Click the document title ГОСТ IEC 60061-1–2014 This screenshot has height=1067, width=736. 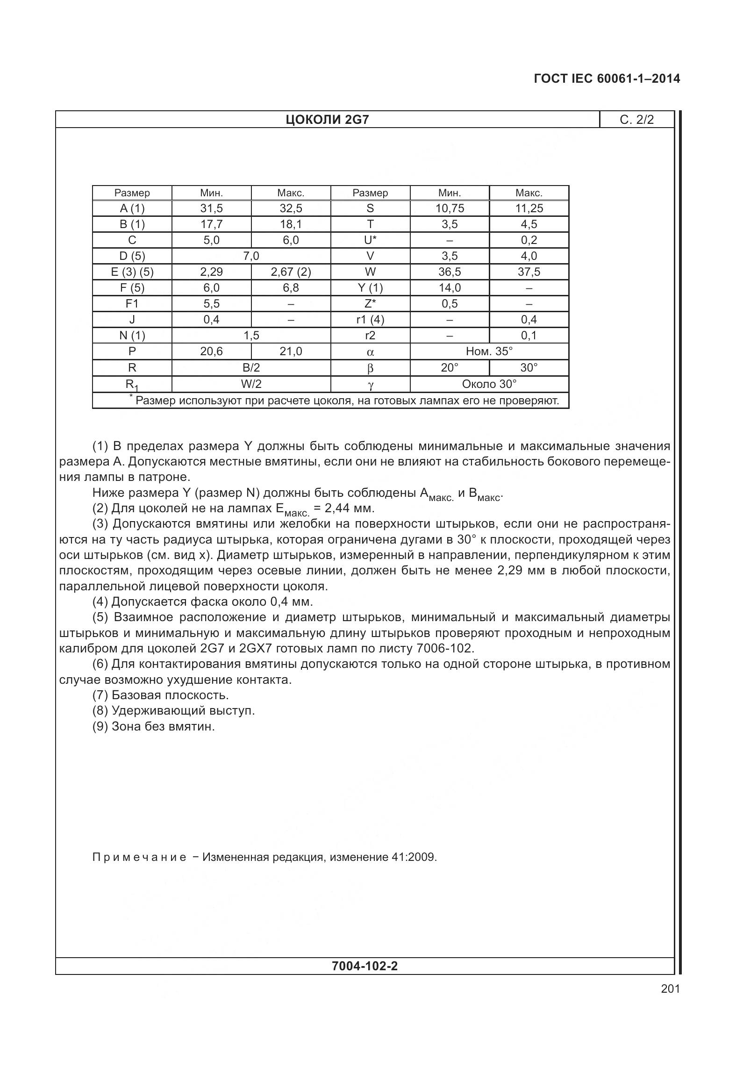click(607, 79)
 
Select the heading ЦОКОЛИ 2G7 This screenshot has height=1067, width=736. click(327, 120)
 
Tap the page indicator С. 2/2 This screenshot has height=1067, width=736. click(636, 120)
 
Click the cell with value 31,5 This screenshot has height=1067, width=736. click(211, 208)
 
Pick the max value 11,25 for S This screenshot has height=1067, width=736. click(529, 208)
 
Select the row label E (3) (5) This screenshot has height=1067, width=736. click(132, 272)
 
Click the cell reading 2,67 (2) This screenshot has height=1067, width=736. click(291, 272)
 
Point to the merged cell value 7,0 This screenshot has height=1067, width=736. click(251, 256)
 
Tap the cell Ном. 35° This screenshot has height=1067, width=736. click(489, 351)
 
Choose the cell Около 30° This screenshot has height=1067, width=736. click(489, 384)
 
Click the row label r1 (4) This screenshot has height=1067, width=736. click(370, 320)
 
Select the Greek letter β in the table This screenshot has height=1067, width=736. click(370, 368)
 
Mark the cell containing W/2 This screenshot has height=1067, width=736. click(251, 384)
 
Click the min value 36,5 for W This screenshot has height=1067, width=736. click(449, 272)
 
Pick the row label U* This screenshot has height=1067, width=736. click(370, 240)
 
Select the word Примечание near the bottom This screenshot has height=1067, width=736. click(139, 857)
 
